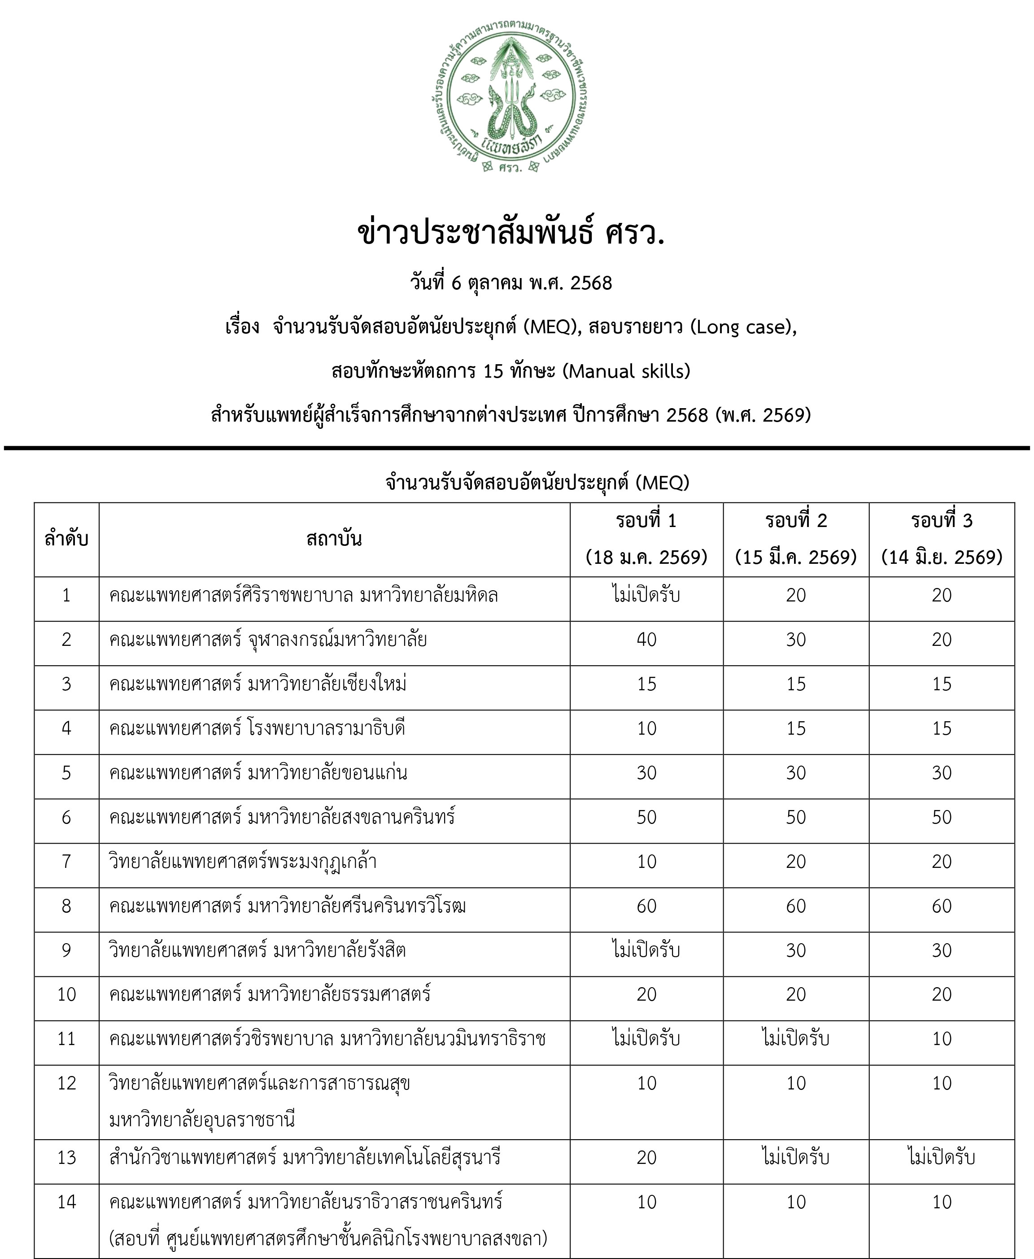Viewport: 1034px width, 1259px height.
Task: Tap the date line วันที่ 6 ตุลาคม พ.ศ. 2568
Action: click(510, 283)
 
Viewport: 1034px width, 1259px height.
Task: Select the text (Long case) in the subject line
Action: click(743, 327)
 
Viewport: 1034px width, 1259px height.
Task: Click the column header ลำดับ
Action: click(66, 539)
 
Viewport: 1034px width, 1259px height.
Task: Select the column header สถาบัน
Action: click(334, 539)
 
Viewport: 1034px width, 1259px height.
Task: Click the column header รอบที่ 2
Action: click(796, 521)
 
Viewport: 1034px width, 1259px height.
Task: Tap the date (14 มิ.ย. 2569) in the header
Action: click(942, 558)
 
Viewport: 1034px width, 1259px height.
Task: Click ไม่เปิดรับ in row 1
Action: click(646, 595)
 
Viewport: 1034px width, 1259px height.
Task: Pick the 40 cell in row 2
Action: click(646, 640)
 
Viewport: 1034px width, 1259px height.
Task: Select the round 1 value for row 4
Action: click(646, 728)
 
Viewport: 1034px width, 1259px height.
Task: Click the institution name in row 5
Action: click(258, 772)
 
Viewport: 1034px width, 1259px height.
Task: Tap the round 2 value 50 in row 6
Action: click(796, 817)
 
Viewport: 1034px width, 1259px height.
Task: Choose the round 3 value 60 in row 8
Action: click(942, 906)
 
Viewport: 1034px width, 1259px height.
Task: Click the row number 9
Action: click(66, 950)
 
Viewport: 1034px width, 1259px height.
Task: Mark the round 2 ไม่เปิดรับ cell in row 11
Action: click(796, 1039)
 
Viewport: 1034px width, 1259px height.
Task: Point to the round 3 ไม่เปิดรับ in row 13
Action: click(942, 1157)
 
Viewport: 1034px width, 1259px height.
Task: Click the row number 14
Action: click(66, 1202)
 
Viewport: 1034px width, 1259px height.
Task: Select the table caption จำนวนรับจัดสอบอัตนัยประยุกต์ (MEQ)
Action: click(537, 483)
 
